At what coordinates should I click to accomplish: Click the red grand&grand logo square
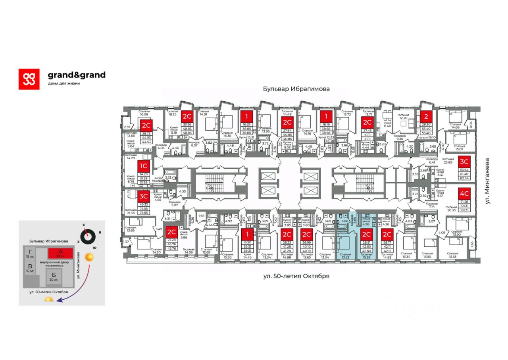[29, 79]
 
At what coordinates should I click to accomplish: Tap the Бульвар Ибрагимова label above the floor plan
[296, 89]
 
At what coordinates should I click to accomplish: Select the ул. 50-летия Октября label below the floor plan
[296, 276]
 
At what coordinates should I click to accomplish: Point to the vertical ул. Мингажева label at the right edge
[488, 181]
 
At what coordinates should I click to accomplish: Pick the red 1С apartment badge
[143, 166]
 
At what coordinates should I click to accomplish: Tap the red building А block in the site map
[60, 253]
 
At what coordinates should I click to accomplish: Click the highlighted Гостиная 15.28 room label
[366, 256]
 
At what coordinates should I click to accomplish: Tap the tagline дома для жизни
[64, 83]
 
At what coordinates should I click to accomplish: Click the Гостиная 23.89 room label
[448, 160]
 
